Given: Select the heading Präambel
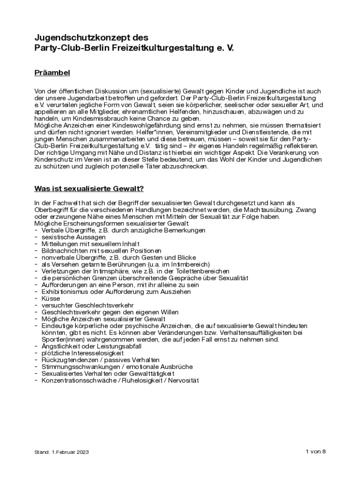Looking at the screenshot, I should point(52,73).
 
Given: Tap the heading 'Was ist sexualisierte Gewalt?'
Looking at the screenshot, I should point(89,189).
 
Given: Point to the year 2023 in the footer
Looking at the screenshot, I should point(82,452).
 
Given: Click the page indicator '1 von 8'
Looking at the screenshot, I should point(315,451).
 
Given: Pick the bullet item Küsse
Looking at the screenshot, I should point(50,298).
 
